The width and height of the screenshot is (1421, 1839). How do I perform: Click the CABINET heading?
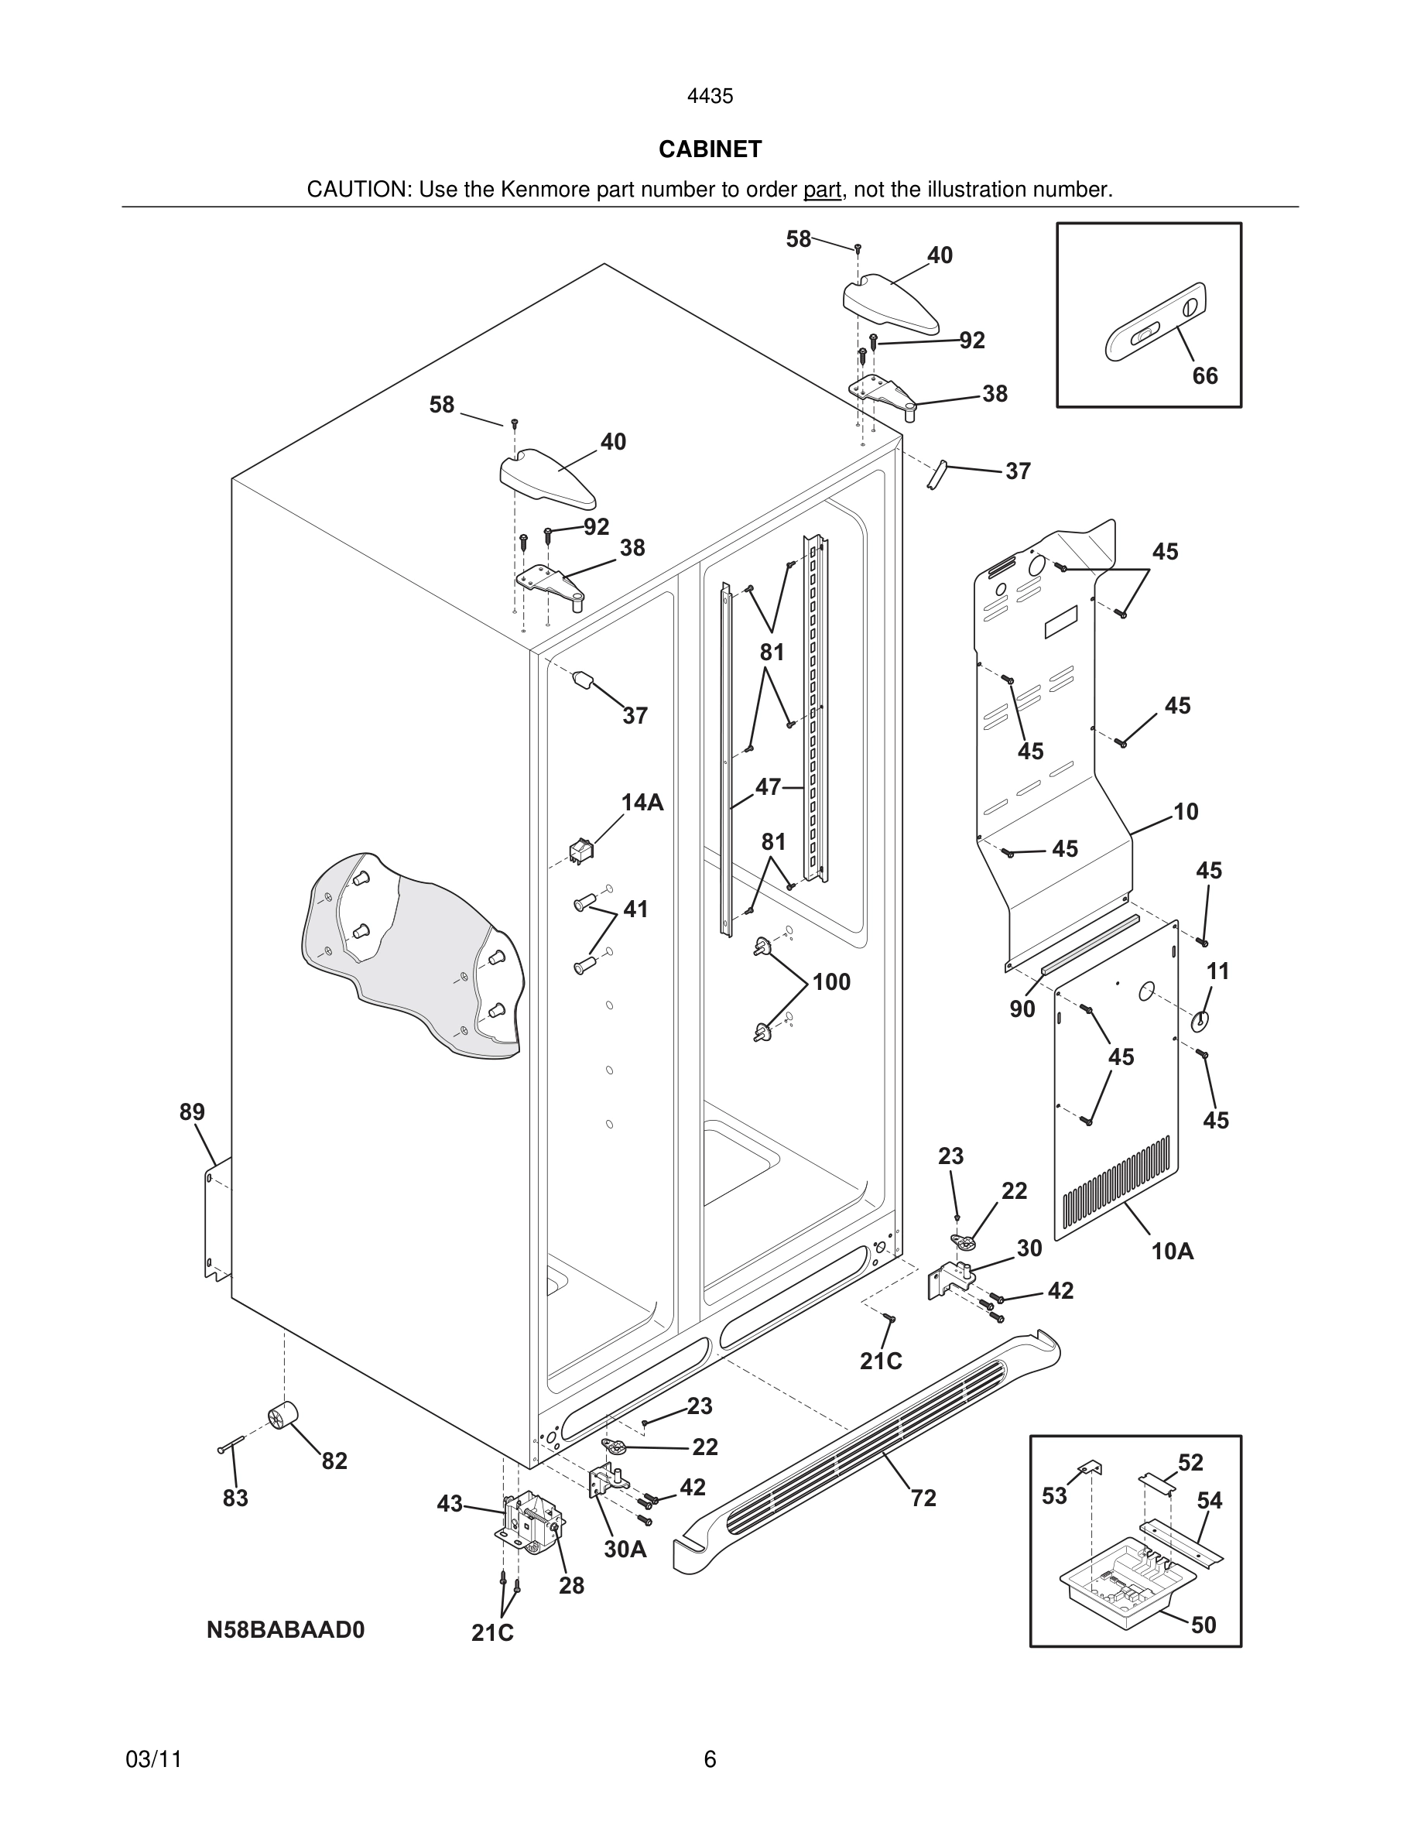tap(710, 149)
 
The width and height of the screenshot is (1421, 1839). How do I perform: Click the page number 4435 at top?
tap(710, 97)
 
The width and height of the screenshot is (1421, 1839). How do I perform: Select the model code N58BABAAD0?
tap(286, 1630)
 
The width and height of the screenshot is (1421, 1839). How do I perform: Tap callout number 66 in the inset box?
tap(1204, 375)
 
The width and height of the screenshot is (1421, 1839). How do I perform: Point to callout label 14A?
tap(642, 803)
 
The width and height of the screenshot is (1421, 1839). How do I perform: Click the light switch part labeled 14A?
tap(580, 852)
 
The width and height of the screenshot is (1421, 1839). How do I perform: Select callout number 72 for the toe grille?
tap(923, 1498)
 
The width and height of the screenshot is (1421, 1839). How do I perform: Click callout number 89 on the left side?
tap(192, 1112)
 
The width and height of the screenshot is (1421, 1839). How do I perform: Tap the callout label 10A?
tap(1172, 1252)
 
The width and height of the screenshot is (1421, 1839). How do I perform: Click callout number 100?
tap(831, 982)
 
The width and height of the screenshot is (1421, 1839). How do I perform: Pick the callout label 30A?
tap(625, 1550)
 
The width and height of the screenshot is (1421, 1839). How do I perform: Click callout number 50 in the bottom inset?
tap(1203, 1625)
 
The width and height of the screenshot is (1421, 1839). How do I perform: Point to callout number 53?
tap(1054, 1496)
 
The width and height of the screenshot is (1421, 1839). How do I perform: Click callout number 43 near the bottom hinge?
tap(450, 1503)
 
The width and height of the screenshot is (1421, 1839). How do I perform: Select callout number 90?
tap(1022, 1009)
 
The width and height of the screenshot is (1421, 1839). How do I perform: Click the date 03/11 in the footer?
tap(153, 1759)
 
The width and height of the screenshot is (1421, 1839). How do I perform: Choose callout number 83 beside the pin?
tap(235, 1498)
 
